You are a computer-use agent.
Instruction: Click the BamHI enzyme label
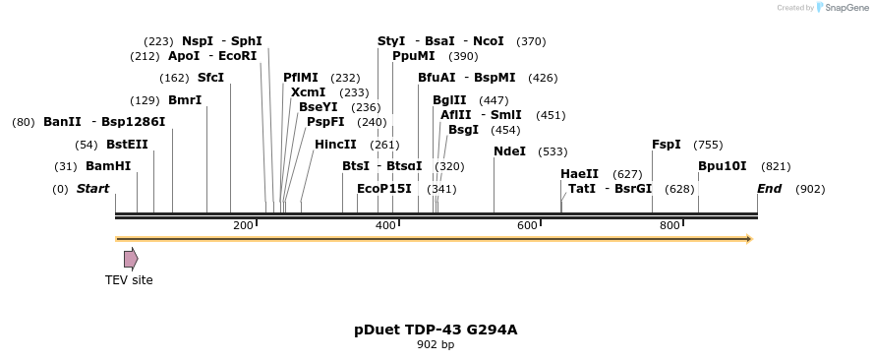click(108, 166)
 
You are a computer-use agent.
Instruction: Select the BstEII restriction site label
click(127, 145)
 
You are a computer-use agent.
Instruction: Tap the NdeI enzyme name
click(509, 151)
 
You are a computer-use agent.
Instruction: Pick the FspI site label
click(667, 145)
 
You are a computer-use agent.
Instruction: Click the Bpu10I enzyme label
click(723, 166)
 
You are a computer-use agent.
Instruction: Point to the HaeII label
click(579, 174)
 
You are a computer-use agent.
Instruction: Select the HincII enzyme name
click(335, 145)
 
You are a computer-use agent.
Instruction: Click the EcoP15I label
click(384, 189)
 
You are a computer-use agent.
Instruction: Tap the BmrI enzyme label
click(185, 100)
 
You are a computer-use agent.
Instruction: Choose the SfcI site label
click(210, 78)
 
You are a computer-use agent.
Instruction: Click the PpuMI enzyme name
click(414, 56)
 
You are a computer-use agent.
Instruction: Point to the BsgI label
click(464, 130)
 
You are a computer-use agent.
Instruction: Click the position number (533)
click(553, 151)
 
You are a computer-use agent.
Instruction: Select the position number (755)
click(708, 145)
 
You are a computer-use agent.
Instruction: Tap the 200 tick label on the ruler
click(243, 226)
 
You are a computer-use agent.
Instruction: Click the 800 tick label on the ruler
click(669, 226)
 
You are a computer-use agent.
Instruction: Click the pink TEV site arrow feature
click(131, 259)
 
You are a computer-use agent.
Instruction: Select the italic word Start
click(92, 189)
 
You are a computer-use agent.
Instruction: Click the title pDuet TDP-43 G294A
click(436, 330)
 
